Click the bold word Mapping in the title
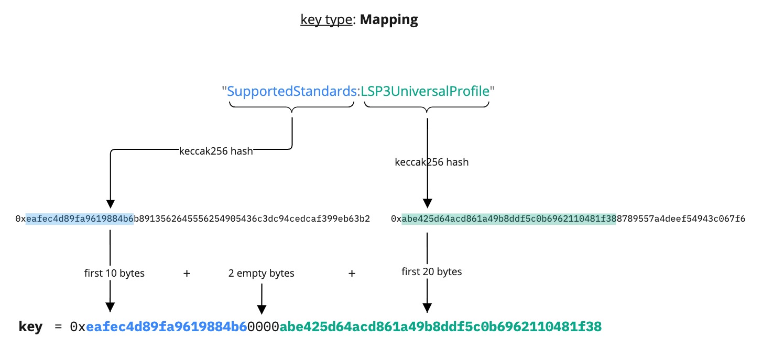point(389,20)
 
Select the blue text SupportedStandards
point(292,91)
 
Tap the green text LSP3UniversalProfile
point(425,91)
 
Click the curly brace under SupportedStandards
point(292,106)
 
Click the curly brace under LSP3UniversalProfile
point(427,106)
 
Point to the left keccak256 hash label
point(216,151)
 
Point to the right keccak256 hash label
point(431,162)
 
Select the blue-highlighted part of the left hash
point(80,219)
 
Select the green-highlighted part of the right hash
point(508,219)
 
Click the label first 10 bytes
point(114,273)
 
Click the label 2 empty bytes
point(261,273)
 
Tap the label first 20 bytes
point(431,271)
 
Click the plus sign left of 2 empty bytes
point(187,273)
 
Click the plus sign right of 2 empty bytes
point(352,273)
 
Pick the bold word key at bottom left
point(30,327)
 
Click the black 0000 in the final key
point(263,327)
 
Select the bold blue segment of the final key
point(167,327)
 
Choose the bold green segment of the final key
point(440,327)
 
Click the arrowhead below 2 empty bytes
point(262,309)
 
